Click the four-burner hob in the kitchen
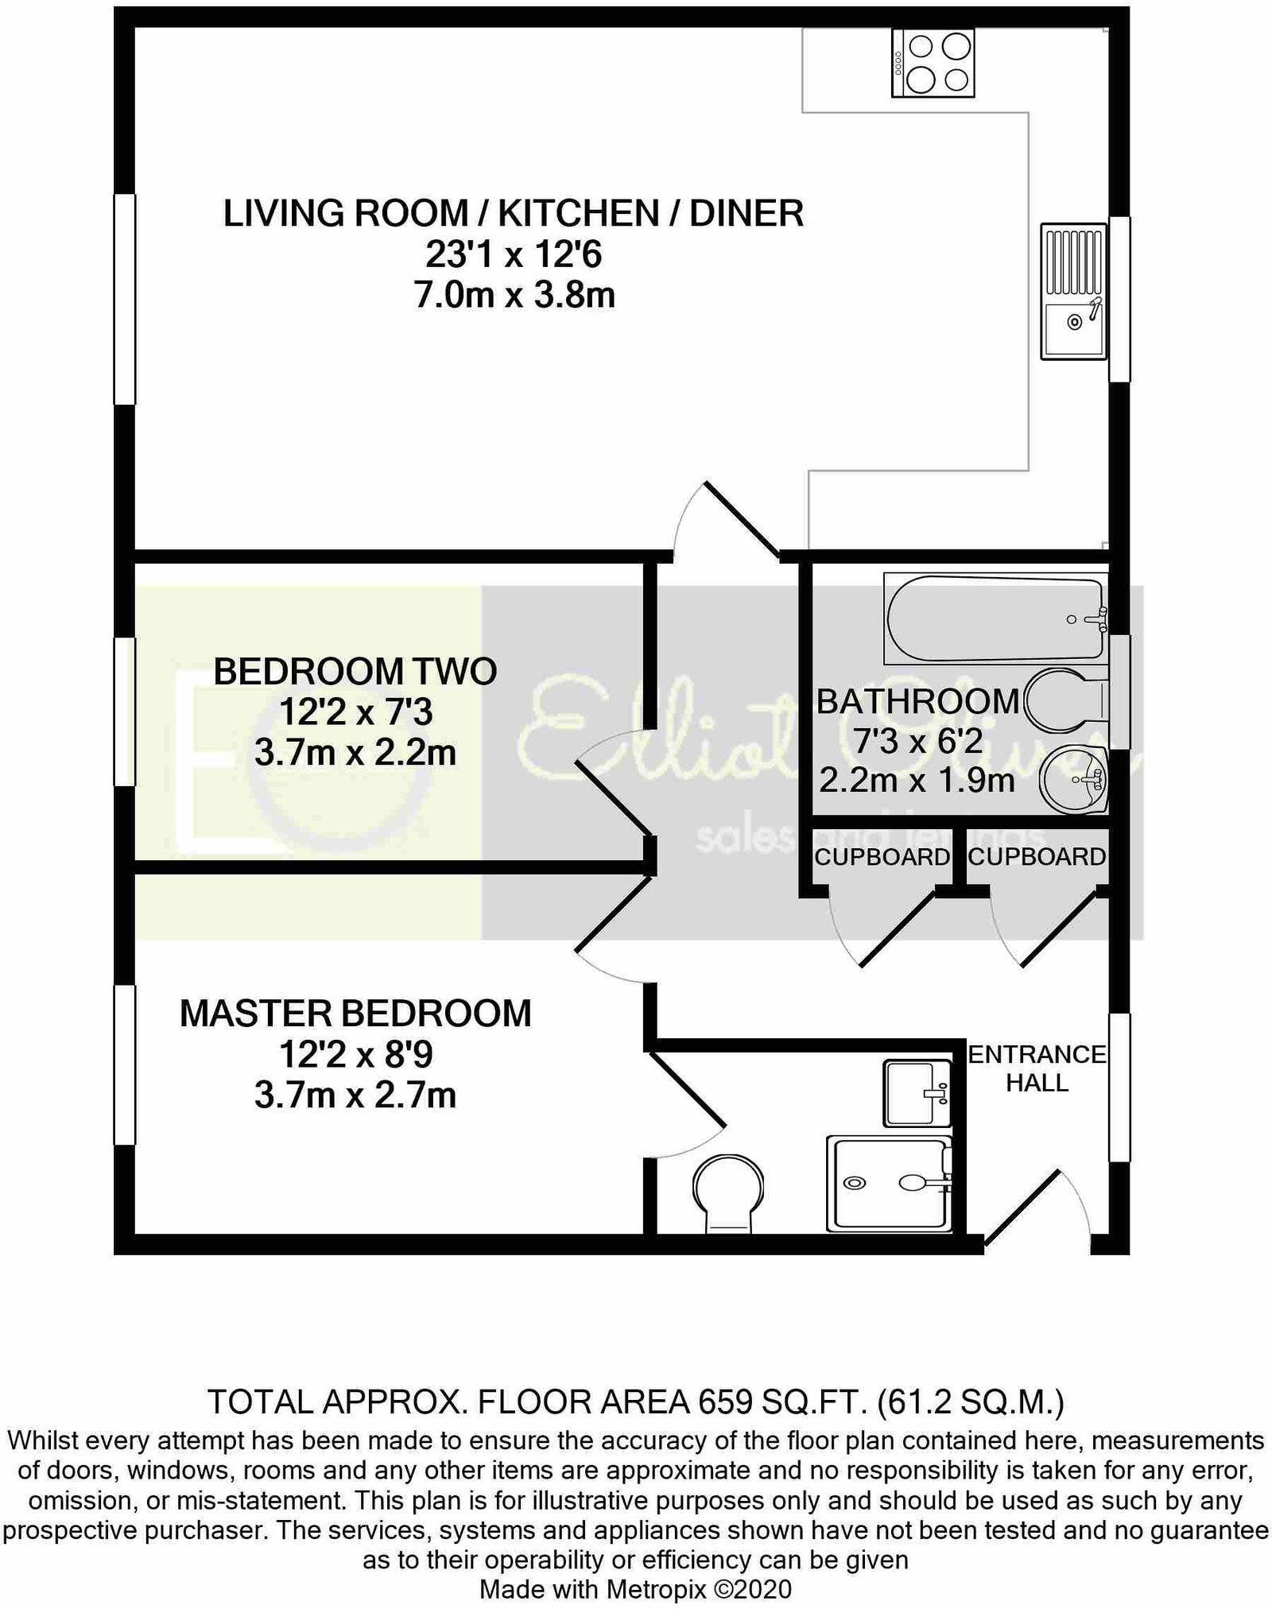coord(933,63)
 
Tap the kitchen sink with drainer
coord(1074,291)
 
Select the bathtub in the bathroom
coord(995,618)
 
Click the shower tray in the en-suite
coord(889,1184)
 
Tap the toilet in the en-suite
coord(727,1193)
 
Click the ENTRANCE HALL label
coord(1037,1068)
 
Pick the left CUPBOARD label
coord(882,857)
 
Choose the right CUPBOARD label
coord(1037,856)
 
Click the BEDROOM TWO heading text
coord(355,672)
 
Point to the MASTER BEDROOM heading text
coord(355,1014)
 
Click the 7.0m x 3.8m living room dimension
coord(514,295)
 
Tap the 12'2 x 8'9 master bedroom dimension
coord(355,1055)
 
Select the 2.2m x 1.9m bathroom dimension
coord(917,781)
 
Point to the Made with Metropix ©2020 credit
coord(636,1589)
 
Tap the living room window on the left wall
coord(125,300)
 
